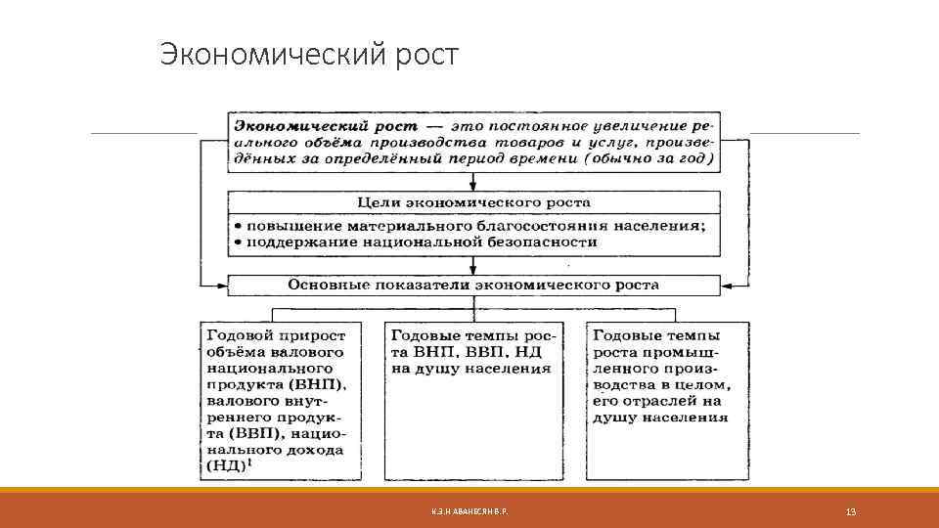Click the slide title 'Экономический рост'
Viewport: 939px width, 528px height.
(x=309, y=55)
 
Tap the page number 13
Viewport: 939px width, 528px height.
(x=850, y=512)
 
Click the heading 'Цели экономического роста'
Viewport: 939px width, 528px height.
(x=472, y=202)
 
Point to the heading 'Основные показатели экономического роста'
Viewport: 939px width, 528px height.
(x=472, y=286)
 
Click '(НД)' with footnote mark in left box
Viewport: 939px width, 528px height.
(x=229, y=465)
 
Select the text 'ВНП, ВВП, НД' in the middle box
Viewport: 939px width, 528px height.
(x=478, y=352)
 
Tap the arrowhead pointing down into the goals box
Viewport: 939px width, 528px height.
(x=473, y=185)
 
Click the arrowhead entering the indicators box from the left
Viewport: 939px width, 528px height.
(x=222, y=286)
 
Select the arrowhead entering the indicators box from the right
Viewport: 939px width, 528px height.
(x=727, y=286)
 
